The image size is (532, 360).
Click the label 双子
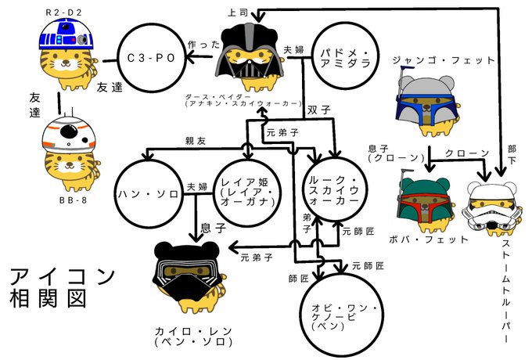point(317,109)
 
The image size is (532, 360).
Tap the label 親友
point(196,142)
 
